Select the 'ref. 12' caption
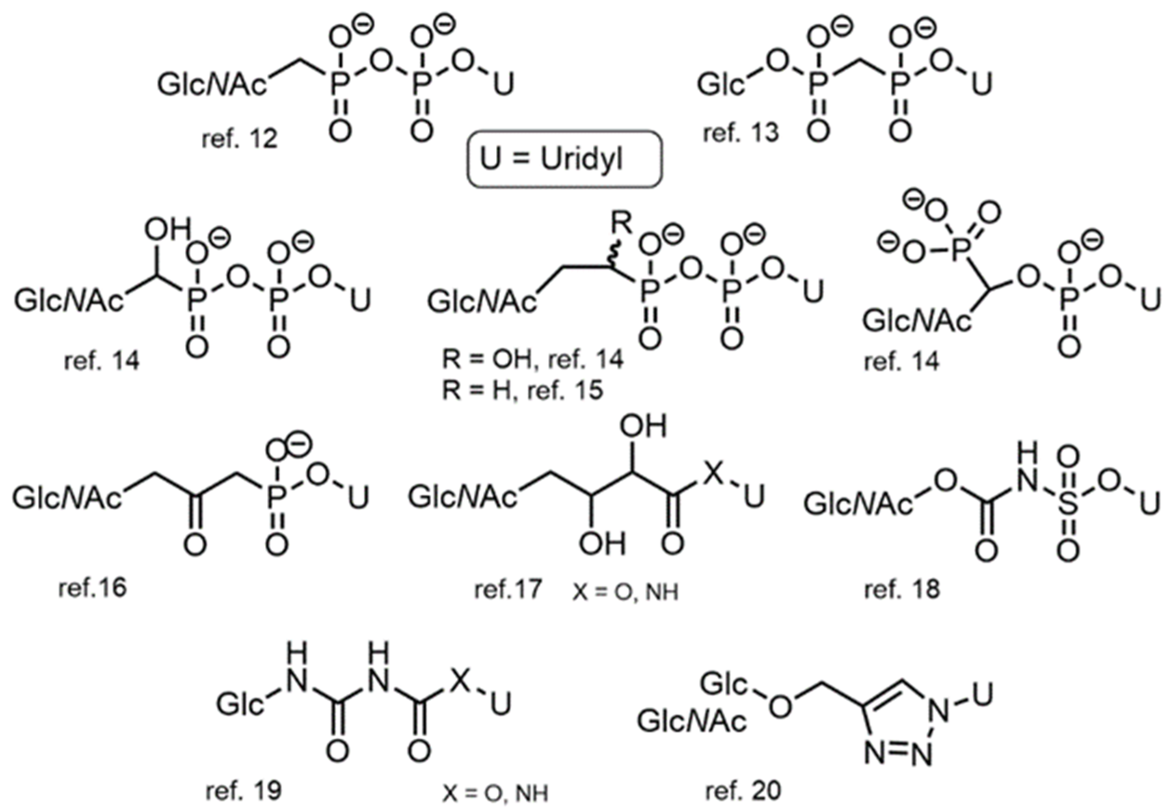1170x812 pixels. [239, 139]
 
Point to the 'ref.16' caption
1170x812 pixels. [92, 588]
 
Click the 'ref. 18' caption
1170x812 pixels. [901, 590]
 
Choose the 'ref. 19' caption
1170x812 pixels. [243, 791]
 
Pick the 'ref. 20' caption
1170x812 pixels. [743, 791]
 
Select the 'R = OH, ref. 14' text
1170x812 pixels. [532, 359]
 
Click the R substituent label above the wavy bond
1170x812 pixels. [621, 222]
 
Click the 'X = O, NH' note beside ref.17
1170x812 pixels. [625, 592]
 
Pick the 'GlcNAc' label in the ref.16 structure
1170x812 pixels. [67, 498]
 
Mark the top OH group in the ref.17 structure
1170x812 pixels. [643, 426]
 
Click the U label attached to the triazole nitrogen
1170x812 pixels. [981, 694]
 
